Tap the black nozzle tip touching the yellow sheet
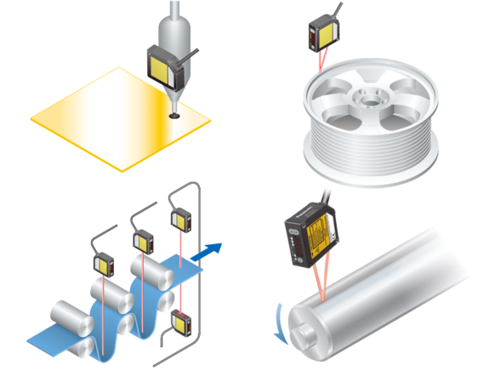coord(174,108)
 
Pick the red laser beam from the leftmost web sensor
coord(105,294)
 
